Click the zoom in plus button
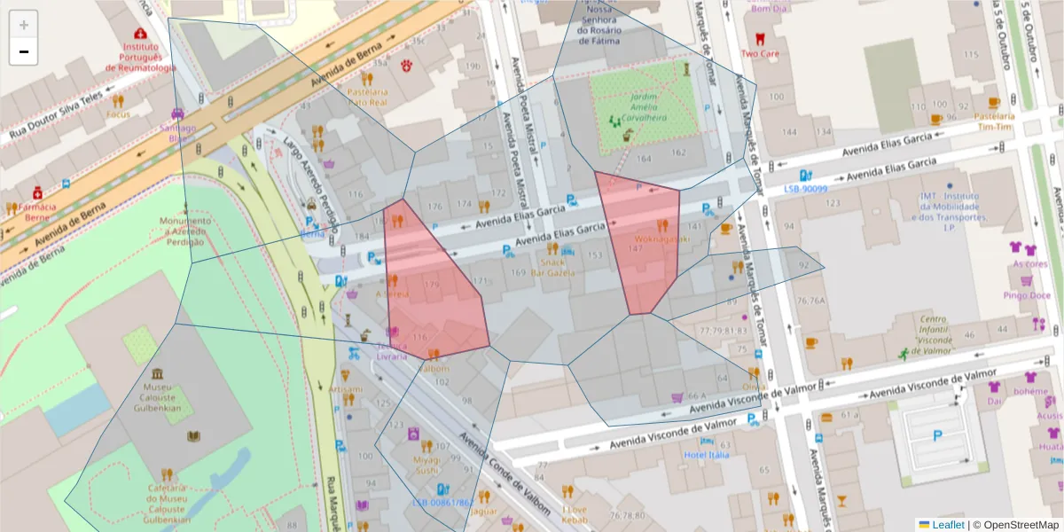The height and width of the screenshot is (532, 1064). (24, 25)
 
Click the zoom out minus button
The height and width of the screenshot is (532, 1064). (24, 51)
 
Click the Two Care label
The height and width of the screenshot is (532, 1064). (760, 53)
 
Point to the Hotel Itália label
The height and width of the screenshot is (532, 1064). (706, 455)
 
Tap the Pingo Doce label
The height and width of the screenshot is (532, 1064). (1027, 295)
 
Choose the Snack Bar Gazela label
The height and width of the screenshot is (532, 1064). (554, 267)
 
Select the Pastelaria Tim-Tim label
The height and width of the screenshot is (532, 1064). (994, 121)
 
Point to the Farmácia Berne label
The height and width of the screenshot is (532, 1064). (36, 211)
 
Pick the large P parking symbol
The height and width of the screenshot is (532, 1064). (937, 435)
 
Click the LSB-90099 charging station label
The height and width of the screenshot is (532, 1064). (805, 188)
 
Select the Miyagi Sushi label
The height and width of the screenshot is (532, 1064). (427, 465)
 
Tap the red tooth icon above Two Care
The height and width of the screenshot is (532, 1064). (758, 38)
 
